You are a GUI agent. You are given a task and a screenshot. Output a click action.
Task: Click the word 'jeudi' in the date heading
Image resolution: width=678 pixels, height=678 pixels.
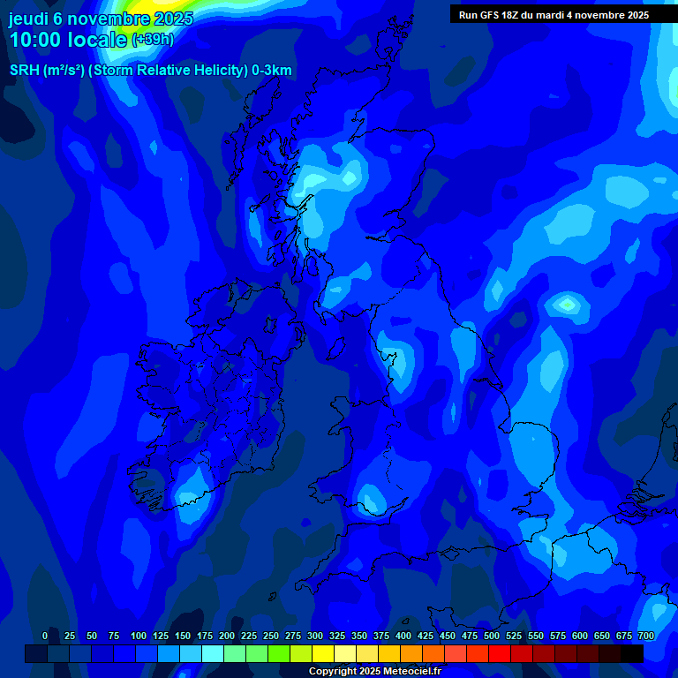coord(29,19)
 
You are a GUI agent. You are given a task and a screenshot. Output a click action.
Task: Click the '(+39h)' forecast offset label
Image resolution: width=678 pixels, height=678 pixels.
coord(153,40)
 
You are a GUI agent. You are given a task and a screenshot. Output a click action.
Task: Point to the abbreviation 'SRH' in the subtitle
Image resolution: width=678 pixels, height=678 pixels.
coord(24,71)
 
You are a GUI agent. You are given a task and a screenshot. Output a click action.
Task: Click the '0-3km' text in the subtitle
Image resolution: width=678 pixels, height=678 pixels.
coord(272,71)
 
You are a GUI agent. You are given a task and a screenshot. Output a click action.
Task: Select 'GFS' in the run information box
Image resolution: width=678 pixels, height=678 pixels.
coord(492,15)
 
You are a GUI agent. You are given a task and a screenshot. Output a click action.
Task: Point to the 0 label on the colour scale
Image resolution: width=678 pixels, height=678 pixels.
coord(45,636)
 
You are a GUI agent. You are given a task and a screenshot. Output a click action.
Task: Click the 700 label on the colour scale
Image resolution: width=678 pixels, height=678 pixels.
coord(646,636)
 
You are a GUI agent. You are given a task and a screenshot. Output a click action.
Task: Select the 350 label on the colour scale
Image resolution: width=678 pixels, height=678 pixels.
coord(359,636)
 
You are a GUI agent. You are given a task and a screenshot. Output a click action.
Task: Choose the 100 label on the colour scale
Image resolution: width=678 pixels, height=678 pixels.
coord(139,636)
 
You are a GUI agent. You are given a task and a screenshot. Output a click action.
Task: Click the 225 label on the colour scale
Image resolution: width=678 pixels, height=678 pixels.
coord(249,636)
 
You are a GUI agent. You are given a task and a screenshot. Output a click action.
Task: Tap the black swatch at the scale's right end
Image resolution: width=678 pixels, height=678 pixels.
coord(631,653)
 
